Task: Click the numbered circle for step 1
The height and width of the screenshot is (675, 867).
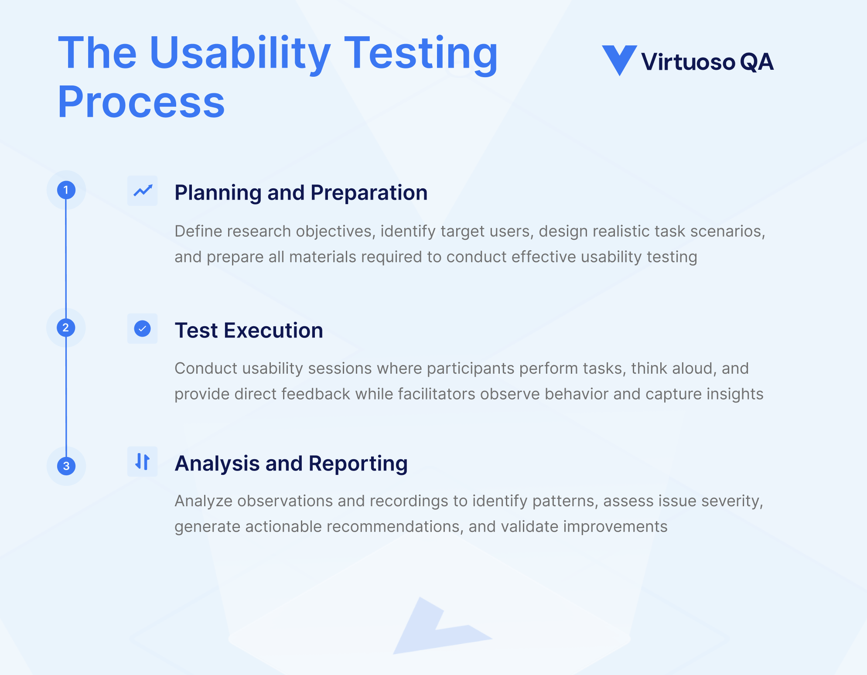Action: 66,190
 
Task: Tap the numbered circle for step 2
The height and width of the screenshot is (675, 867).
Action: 66,327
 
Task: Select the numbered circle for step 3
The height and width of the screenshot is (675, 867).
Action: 66,466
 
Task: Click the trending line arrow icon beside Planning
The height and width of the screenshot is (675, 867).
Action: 143,191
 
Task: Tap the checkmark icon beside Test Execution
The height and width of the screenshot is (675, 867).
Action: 142,328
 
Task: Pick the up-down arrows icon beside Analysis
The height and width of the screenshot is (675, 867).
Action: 142,461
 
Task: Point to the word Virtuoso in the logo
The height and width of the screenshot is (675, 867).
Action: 688,62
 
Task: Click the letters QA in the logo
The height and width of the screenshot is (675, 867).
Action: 756,62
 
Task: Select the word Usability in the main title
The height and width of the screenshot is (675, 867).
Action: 239,54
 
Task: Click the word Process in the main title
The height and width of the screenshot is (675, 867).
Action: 141,102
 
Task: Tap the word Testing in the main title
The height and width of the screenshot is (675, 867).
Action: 420,54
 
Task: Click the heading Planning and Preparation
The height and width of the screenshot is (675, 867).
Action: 301,193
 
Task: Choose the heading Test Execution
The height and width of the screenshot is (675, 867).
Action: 249,331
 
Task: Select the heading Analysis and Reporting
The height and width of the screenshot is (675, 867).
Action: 291,464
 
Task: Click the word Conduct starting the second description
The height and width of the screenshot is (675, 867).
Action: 205,368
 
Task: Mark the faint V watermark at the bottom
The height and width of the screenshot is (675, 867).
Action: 436,628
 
